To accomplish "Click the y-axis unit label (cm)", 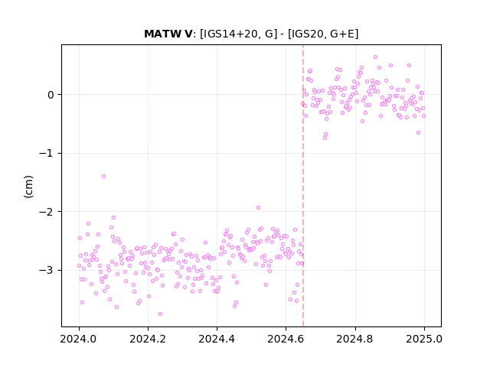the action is pyautogui.click(x=28, y=187).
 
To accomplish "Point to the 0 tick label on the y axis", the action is pyautogui.click(x=51, y=95).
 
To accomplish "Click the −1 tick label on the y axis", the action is pyautogui.click(x=46, y=153).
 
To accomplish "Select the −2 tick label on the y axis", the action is pyautogui.click(x=46, y=212).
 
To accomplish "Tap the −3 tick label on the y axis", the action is pyautogui.click(x=46, y=270).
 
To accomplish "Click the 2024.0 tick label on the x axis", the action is pyautogui.click(x=79, y=339).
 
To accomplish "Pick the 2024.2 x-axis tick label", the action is pyautogui.click(x=148, y=339).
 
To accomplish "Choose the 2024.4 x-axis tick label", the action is pyautogui.click(x=217, y=339).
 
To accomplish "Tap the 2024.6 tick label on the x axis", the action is pyautogui.click(x=286, y=339).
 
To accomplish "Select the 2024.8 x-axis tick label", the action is pyautogui.click(x=355, y=339).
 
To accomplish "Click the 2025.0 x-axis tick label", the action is pyautogui.click(x=424, y=339).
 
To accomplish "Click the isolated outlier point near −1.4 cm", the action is pyautogui.click(x=104, y=177).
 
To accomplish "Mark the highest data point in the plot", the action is pyautogui.click(x=376, y=57).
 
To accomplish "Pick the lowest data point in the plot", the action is pyautogui.click(x=160, y=314).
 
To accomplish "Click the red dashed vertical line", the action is pyautogui.click(x=303, y=186).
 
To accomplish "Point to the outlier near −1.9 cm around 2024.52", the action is pyautogui.click(x=259, y=208).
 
